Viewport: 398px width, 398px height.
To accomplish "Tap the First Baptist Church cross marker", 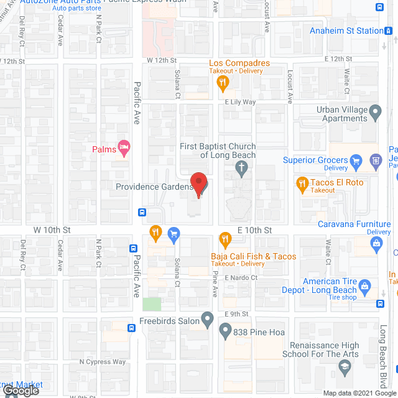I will click(x=241, y=167).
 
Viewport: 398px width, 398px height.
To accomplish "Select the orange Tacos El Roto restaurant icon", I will click(x=302, y=183).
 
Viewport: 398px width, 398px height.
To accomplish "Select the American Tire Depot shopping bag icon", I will click(x=365, y=286).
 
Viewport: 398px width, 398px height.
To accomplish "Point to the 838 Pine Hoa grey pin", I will click(x=225, y=332).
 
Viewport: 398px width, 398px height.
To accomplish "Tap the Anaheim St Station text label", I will click(x=346, y=30).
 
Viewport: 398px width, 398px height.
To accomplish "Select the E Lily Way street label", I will click(x=241, y=102).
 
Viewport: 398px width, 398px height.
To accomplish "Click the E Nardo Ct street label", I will click(x=241, y=277).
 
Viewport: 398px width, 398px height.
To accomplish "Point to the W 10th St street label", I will click(x=52, y=229).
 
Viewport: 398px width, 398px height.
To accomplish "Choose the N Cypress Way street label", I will click(x=103, y=362).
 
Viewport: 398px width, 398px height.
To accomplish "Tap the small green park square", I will click(x=151, y=305).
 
